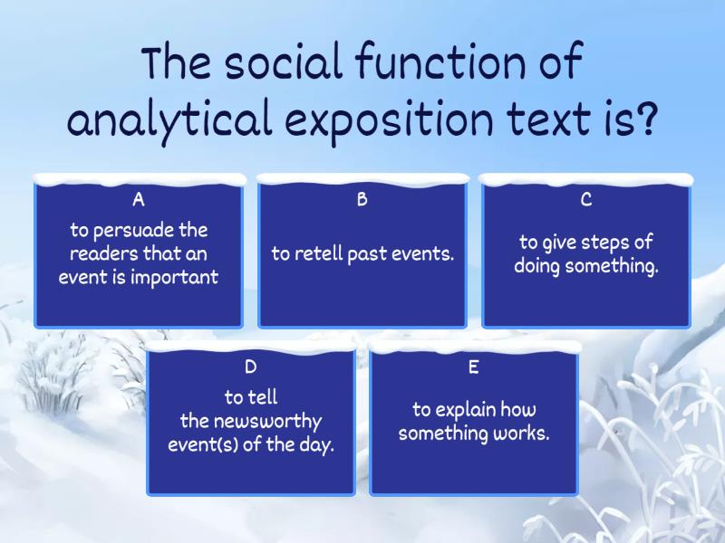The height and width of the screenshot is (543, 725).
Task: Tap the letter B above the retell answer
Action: [x=362, y=200]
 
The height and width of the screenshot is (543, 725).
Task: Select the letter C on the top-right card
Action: [x=585, y=200]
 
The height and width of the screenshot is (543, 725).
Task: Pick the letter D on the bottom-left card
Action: [x=251, y=367]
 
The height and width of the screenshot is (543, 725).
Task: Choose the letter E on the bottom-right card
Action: [x=473, y=367]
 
